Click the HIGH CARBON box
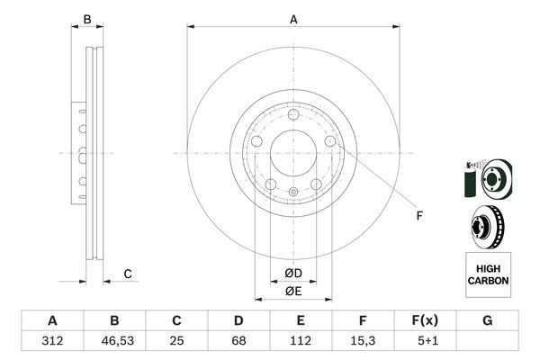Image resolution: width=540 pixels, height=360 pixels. coord(488,275)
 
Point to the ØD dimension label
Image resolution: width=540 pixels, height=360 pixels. coord(293,273)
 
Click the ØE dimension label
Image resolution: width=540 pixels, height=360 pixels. coord(293,291)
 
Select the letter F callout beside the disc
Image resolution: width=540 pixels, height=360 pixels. coord(418,215)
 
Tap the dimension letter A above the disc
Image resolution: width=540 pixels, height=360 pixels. coord(293,18)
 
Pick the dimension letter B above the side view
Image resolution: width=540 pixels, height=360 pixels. coord(87,19)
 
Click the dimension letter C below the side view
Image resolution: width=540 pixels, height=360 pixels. coord(128,274)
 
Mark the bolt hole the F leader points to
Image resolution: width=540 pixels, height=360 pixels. coord(330,142)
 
